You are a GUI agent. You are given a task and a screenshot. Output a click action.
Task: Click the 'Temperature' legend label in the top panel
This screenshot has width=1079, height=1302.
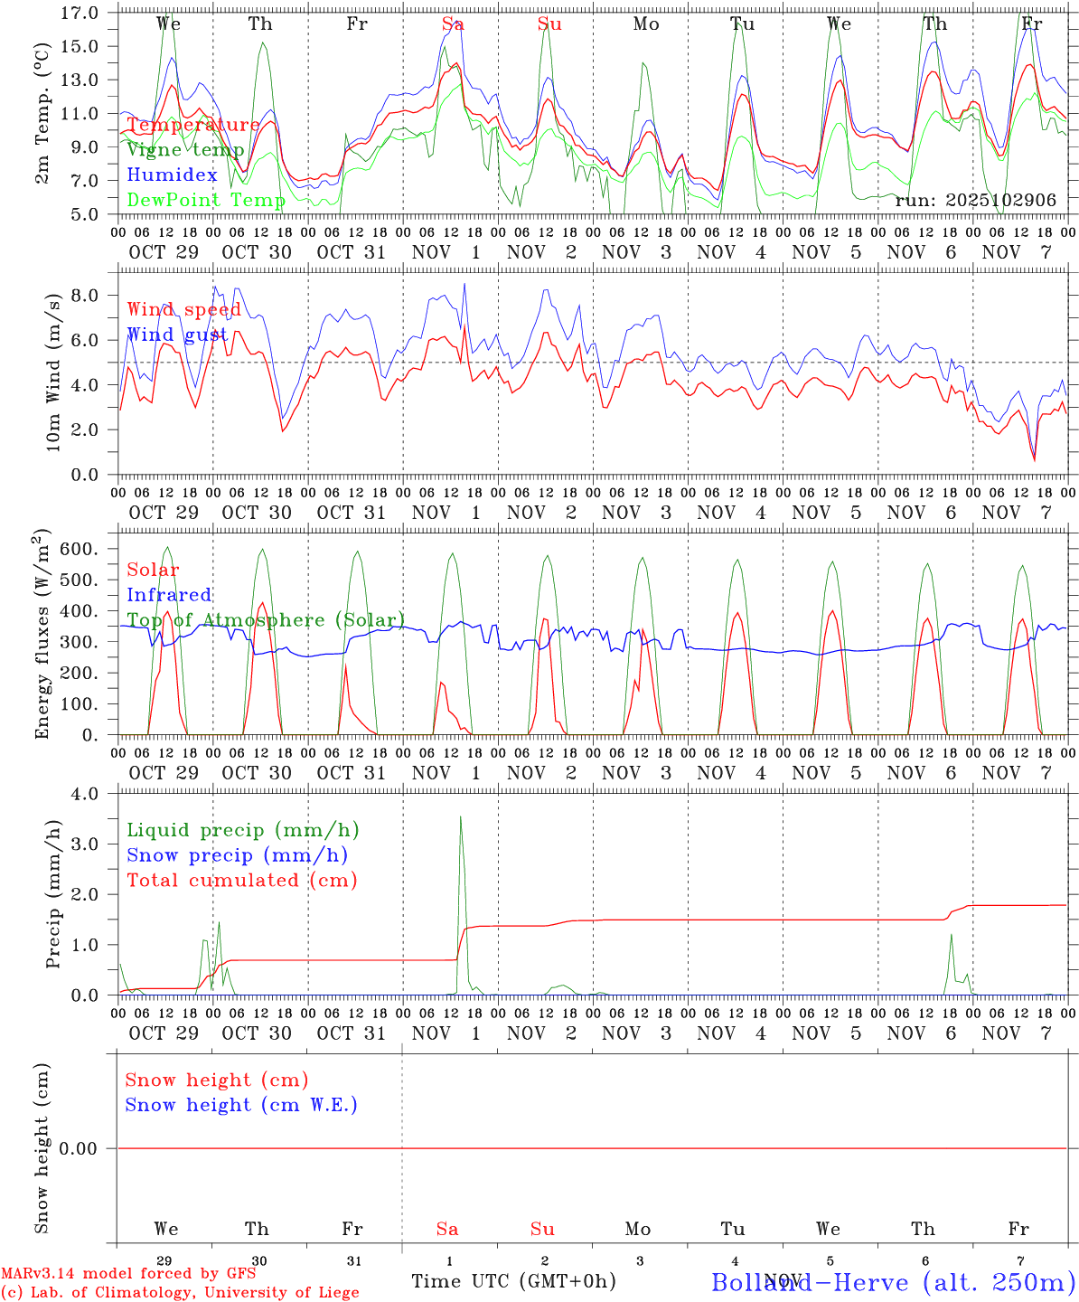tap(193, 125)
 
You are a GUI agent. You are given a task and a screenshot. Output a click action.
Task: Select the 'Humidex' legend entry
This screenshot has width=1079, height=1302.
tap(172, 175)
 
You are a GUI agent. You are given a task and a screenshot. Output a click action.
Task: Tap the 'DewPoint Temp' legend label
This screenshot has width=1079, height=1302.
tap(206, 200)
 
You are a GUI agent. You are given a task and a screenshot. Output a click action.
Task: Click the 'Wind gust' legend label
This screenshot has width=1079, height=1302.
tap(177, 335)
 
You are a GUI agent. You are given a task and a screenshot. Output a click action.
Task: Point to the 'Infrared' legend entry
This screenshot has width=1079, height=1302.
tap(169, 595)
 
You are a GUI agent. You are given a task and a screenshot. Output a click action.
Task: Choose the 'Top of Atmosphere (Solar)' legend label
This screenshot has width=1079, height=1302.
tap(266, 620)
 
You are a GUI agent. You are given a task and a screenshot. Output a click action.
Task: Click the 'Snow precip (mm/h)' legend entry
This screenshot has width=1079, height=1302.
tap(237, 855)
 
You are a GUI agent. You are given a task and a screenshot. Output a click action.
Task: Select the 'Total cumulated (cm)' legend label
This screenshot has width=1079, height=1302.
tap(241, 880)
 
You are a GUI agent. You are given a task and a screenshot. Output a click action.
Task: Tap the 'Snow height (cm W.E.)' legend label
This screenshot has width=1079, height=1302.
tap(241, 1105)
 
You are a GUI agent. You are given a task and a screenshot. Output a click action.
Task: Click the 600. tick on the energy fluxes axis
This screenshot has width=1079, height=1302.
tap(79, 549)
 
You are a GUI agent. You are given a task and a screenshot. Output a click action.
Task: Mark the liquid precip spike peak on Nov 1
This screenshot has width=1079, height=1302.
tap(461, 817)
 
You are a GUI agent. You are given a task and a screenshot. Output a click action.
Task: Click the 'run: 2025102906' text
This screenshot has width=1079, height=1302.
tap(975, 200)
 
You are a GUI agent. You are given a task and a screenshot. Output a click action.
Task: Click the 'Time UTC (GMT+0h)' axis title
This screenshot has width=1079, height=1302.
tap(513, 1281)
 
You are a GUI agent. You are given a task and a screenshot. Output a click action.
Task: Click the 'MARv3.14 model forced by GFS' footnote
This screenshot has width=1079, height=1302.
tap(128, 1274)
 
